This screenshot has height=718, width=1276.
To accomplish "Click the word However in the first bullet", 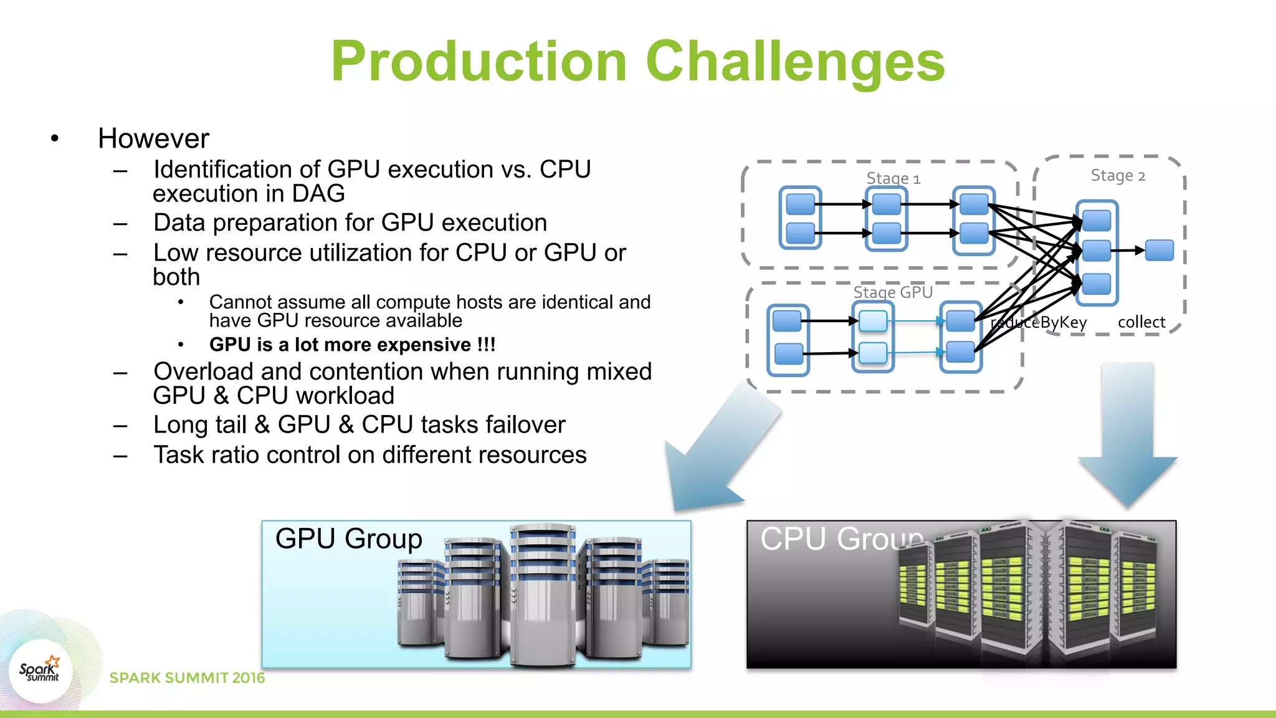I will pyautogui.click(x=153, y=138).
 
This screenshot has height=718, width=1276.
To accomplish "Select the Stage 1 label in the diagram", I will pyautogui.click(x=893, y=178).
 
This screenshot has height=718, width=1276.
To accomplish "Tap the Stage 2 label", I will pyautogui.click(x=1118, y=176).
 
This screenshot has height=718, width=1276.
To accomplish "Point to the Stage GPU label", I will pyautogui.click(x=892, y=292).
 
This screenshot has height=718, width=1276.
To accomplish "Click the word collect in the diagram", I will pyautogui.click(x=1141, y=322).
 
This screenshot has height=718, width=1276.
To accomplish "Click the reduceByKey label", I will pyautogui.click(x=1039, y=322).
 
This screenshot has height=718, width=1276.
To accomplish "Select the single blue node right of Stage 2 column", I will pyautogui.click(x=1159, y=251).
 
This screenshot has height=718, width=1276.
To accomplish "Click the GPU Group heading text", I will pyautogui.click(x=348, y=538).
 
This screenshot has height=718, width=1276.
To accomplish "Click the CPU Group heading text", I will pyautogui.click(x=841, y=538).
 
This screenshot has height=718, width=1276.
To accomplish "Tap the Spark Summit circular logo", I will pyautogui.click(x=40, y=671).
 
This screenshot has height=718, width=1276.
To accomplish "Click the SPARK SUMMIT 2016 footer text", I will pyautogui.click(x=187, y=677).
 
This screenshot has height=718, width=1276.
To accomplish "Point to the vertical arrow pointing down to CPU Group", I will pyautogui.click(x=1127, y=430).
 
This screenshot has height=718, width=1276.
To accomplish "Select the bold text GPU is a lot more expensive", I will pyautogui.click(x=352, y=345).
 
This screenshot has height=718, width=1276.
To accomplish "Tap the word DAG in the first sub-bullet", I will pyautogui.click(x=318, y=194).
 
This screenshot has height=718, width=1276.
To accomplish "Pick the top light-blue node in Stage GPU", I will pyautogui.click(x=872, y=321).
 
